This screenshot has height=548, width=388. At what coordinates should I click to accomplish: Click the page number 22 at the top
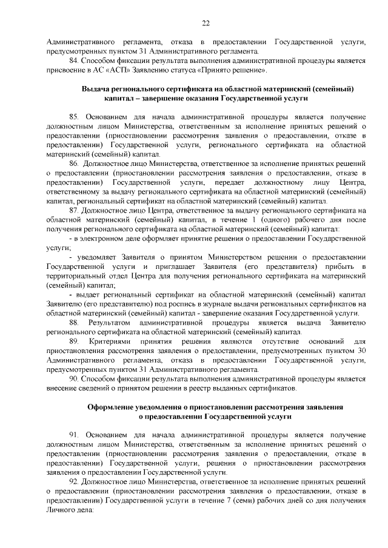206,23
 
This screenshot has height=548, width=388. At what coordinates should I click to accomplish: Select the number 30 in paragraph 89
361,352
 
